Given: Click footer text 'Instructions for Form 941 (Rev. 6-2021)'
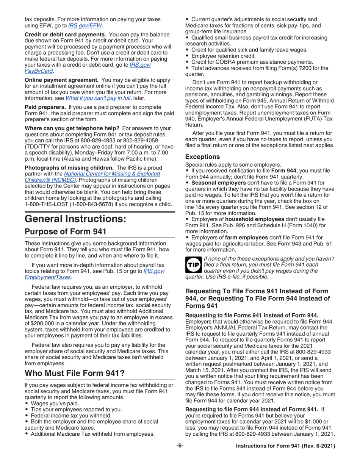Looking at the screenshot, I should [x=285, y=446].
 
